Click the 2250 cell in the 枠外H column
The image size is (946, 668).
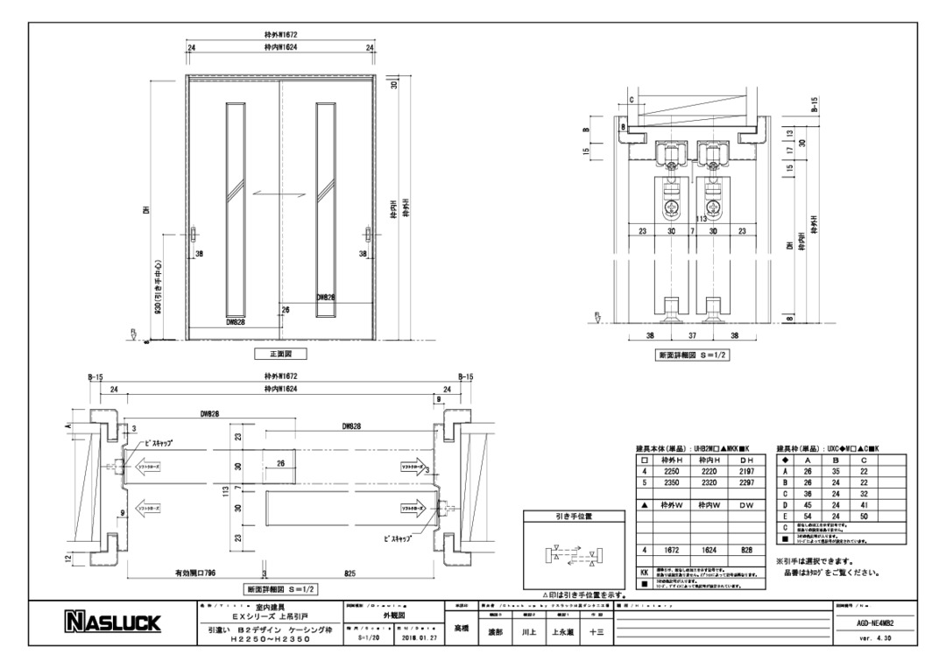(673, 470)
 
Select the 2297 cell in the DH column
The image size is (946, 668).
(745, 482)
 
